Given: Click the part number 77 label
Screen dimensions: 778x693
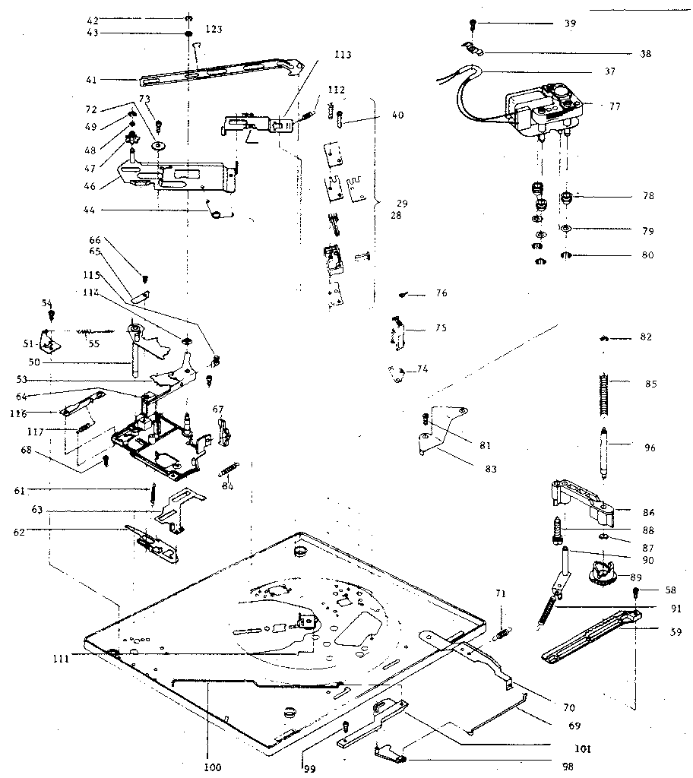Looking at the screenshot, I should [x=614, y=107].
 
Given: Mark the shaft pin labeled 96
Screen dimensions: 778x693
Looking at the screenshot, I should [x=605, y=451].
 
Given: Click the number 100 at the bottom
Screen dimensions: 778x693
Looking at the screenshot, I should [x=213, y=767].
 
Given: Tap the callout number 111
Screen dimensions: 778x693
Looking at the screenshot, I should [x=62, y=659].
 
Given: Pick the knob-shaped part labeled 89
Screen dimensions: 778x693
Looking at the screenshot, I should [x=600, y=570].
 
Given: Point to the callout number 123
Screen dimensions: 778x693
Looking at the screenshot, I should [x=214, y=29].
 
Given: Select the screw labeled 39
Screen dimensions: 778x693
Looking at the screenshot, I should [x=471, y=25].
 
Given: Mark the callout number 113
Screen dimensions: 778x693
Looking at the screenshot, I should [x=343, y=54].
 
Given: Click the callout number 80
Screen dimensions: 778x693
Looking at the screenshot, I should [x=647, y=255].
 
